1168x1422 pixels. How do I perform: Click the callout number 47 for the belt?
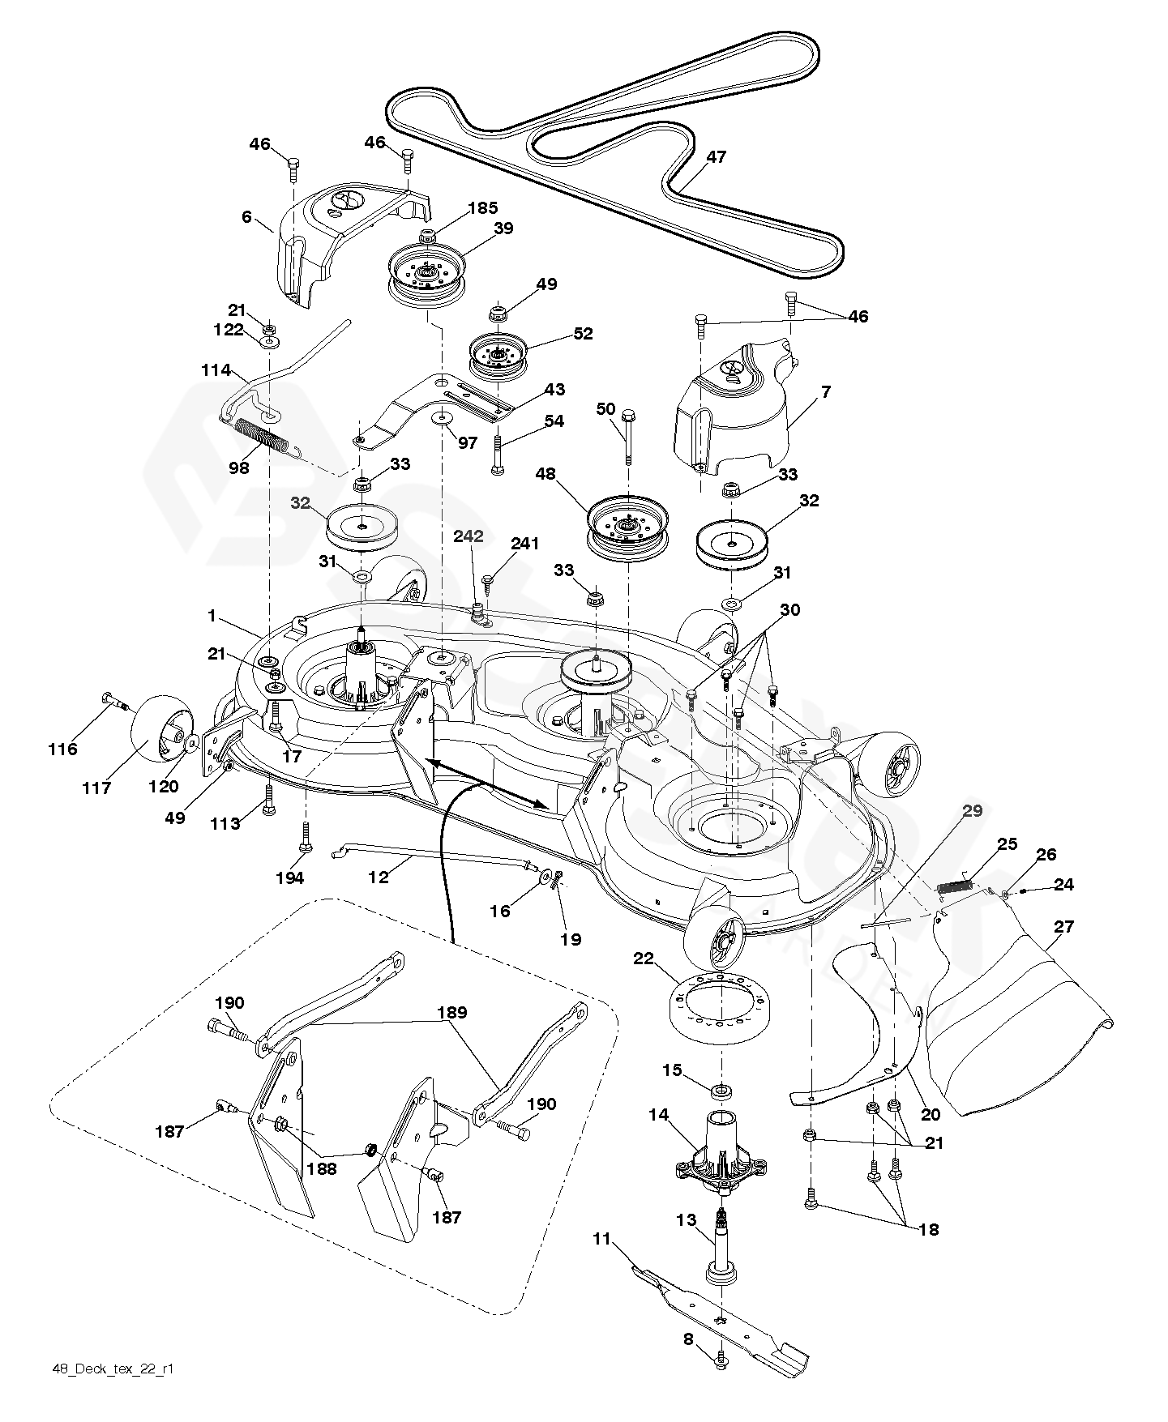pyautogui.click(x=715, y=157)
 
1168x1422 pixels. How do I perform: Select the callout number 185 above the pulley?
pyautogui.click(x=482, y=208)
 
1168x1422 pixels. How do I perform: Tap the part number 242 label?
pyautogui.click(x=468, y=536)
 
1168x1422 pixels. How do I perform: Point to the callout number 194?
pyautogui.click(x=289, y=878)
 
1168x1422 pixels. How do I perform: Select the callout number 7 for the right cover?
pyautogui.click(x=825, y=392)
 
